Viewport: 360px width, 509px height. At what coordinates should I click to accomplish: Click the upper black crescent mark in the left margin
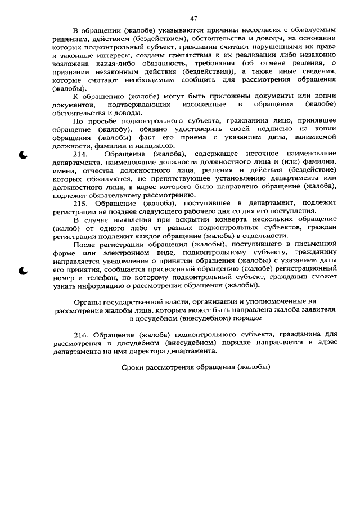23,155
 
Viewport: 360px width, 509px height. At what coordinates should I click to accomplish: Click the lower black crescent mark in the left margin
23,272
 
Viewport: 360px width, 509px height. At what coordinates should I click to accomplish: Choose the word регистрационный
307,269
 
